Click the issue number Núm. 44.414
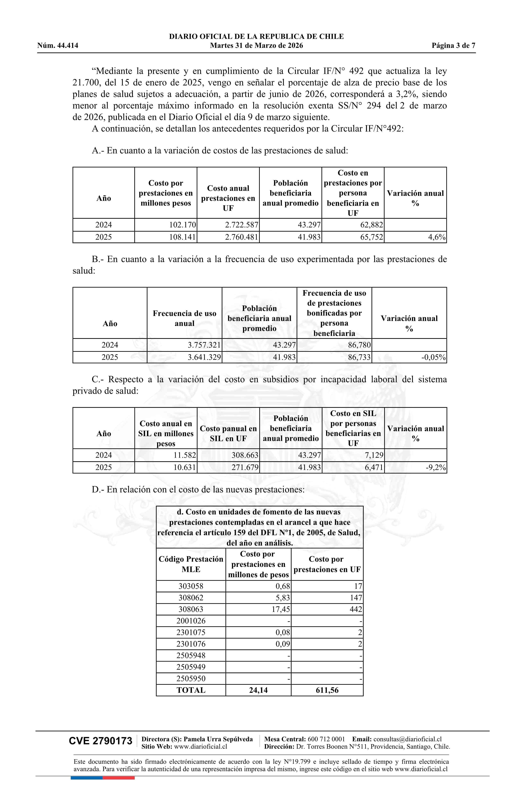pyautogui.click(x=58, y=46)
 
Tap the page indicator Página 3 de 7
pyautogui.click(x=453, y=46)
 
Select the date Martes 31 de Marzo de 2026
pyautogui.click(x=256, y=46)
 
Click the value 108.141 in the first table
pyautogui.click(x=183, y=237)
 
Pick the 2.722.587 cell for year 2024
pyautogui.click(x=241, y=225)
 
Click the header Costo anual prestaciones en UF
pyautogui.click(x=228, y=198)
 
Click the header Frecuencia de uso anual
pyautogui.click(x=184, y=318)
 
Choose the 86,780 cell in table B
pyautogui.click(x=359, y=345)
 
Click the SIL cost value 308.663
pyautogui.click(x=245, y=455)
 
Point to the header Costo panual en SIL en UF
pyautogui.click(x=228, y=434)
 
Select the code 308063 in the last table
pyautogui.click(x=191, y=609)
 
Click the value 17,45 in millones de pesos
pyautogui.click(x=281, y=609)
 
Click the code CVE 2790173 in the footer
pyautogui.click(x=101, y=741)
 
